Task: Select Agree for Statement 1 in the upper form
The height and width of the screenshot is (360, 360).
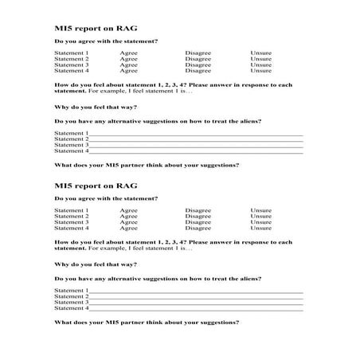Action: (x=128, y=53)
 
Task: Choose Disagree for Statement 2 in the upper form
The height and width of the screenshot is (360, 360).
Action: (x=198, y=59)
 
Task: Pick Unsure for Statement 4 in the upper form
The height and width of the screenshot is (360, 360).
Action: (x=260, y=70)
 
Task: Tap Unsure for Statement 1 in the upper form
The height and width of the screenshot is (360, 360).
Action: (x=260, y=53)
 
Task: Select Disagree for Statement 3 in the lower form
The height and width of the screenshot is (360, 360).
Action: (x=198, y=222)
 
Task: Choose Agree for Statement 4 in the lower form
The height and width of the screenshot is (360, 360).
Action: (x=128, y=228)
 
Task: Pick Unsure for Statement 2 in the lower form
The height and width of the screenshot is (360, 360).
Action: (x=260, y=217)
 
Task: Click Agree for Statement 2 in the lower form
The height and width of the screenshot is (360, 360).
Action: (x=128, y=217)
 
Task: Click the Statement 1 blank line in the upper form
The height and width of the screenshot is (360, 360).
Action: (x=195, y=134)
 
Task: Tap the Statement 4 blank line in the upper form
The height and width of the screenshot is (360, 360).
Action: (x=195, y=151)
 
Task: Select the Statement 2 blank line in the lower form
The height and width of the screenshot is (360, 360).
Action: (x=195, y=297)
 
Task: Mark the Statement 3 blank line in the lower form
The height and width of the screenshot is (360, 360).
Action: (x=195, y=303)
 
